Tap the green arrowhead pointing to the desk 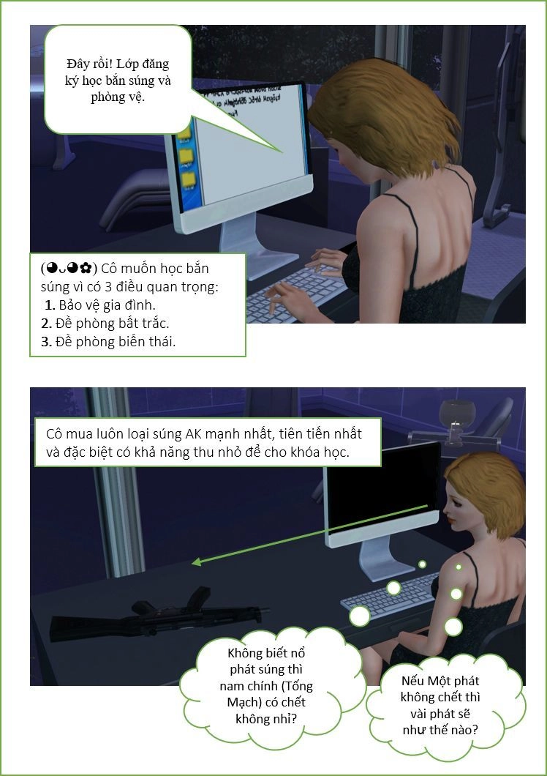tap(196, 562)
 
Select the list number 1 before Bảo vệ tap(50, 305)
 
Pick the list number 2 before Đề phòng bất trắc tap(46, 323)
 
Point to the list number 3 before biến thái tap(46, 341)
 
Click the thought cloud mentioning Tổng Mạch tap(267, 686)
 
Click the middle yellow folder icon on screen tap(186, 156)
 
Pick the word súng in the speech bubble tap(141, 81)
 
